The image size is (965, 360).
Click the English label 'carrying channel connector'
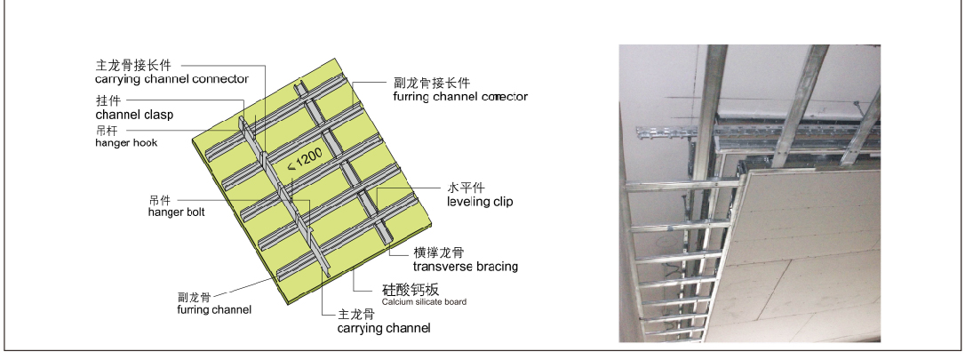click(171, 79)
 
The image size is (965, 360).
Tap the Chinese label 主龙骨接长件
click(133, 66)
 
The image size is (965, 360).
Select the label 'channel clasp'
click(134, 115)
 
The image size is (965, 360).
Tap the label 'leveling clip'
click(480, 202)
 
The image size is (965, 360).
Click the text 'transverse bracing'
click(466, 266)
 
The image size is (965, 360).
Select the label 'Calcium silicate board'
click(425, 302)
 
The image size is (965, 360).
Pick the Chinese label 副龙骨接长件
click(432, 82)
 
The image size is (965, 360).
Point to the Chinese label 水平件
click(465, 188)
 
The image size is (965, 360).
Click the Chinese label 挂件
click(108, 100)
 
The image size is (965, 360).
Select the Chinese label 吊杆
click(106, 130)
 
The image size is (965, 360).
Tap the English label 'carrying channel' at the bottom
click(383, 328)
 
